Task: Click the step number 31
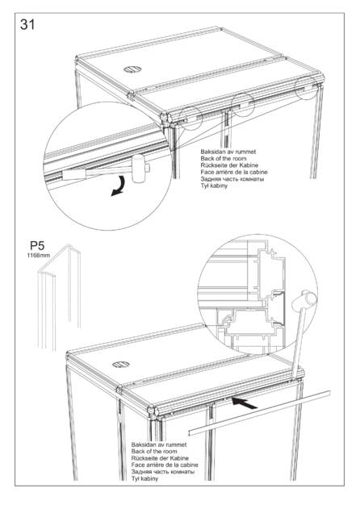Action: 27,24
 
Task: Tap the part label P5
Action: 37,246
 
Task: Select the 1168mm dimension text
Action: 38,255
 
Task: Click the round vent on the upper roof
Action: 132,69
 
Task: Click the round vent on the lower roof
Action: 121,365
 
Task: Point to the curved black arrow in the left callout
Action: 119,186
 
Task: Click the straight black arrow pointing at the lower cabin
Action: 244,403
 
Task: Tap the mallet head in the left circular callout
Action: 139,168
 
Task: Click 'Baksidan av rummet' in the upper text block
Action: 228,152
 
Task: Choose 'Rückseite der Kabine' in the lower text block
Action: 160,458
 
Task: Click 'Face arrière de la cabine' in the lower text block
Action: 165,465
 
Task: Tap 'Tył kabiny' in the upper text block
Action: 214,186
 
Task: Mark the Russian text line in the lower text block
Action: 163,472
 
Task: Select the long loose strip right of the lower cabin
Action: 259,412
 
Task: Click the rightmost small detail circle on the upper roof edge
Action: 305,87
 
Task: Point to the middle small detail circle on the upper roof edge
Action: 243,105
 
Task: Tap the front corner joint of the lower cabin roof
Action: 152,411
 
